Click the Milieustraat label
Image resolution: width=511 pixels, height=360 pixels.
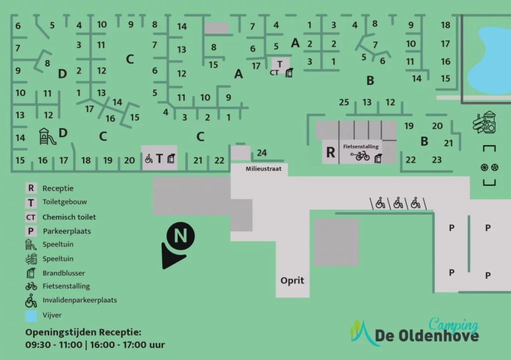point(263,168)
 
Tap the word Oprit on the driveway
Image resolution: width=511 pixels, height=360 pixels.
point(292,280)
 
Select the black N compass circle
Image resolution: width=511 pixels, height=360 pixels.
point(181,236)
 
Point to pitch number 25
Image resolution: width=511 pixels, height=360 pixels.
point(344,102)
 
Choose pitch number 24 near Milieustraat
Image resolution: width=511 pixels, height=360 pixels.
point(262,152)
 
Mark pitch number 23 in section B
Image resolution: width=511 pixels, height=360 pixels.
point(437,160)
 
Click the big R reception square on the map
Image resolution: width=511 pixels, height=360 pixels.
point(330,152)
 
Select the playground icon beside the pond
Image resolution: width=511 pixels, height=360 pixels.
point(485,122)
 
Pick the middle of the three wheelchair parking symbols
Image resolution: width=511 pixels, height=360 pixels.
point(398,203)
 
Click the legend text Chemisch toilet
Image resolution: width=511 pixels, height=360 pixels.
point(69,217)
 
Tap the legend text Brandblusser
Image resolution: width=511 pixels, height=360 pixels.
point(64,273)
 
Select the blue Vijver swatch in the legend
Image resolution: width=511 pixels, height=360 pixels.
point(31,316)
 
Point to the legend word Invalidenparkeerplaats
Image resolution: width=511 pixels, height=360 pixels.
point(80,300)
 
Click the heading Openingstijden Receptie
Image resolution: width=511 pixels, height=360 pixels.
point(83,332)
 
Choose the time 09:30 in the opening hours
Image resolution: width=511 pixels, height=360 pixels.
point(37,345)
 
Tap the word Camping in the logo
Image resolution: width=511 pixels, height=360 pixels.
point(453,325)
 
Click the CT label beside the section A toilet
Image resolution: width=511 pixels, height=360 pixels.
point(274,73)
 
